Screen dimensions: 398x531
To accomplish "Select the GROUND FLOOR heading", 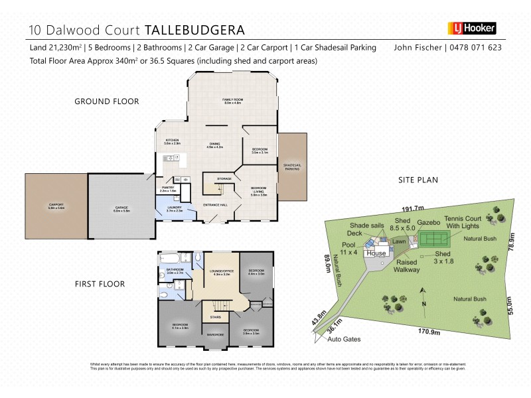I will [x=106, y=101].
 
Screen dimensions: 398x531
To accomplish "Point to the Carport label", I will [x=56, y=205].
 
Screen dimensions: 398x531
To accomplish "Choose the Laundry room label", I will [x=173, y=209].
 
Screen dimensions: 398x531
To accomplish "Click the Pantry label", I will [x=168, y=188].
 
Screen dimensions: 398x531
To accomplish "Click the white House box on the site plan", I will [x=376, y=253].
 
